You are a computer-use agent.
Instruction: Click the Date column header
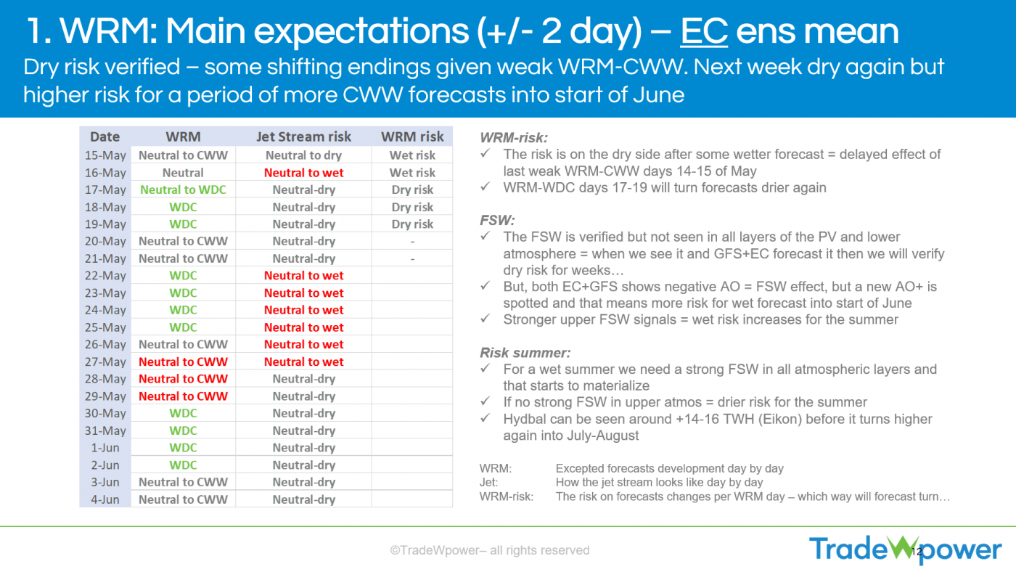coord(105,136)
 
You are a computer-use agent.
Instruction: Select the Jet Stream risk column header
coord(303,136)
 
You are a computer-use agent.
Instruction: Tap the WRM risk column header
coord(412,136)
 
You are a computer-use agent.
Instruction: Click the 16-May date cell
coord(105,173)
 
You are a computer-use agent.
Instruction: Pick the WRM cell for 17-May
coord(183,189)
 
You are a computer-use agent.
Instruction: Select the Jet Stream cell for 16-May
coord(303,173)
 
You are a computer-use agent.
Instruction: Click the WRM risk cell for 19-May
coord(412,224)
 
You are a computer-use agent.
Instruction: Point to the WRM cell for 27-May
coord(183,361)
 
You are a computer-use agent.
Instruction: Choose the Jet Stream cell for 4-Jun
coord(303,499)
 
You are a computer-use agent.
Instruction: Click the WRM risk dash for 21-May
coord(412,258)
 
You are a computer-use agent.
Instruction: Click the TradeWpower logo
coord(904,549)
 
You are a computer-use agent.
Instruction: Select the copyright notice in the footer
coord(490,550)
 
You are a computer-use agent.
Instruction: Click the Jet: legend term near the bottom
coord(488,482)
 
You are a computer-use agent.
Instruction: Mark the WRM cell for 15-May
coord(183,155)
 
